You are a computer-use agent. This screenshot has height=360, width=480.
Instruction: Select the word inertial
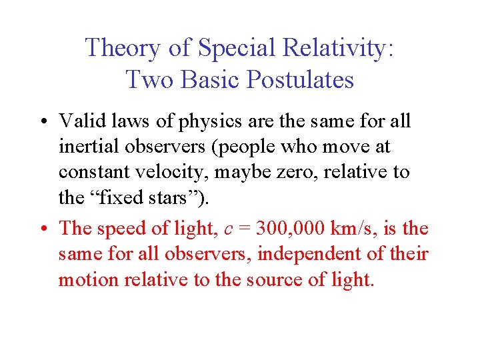pos(82,147)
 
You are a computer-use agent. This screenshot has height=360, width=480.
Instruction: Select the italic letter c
pos(229,229)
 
